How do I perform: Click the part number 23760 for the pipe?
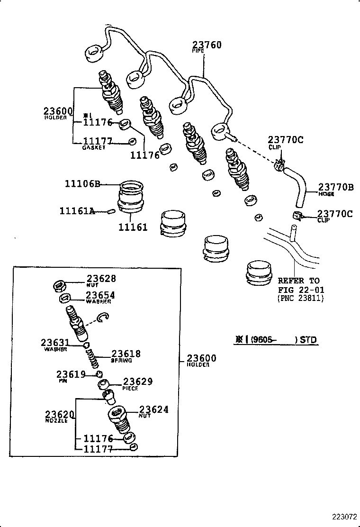pos(207,45)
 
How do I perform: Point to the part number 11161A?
pos(77,211)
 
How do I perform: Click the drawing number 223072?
pos(342,517)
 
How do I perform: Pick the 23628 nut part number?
pos(101,279)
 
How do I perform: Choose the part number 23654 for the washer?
pos(100,295)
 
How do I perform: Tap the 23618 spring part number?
pos(126,354)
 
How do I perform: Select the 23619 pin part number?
pos(71,374)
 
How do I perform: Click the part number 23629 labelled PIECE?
pos(138,382)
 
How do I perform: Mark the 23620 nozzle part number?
pos(60,415)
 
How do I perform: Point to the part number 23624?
pos(154,410)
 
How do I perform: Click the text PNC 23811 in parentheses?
pos(301,299)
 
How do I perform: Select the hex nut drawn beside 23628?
pos(59,285)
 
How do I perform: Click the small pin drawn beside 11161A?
pos(110,211)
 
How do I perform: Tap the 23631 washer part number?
pos(55,343)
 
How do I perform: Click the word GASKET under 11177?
pos(93,147)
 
